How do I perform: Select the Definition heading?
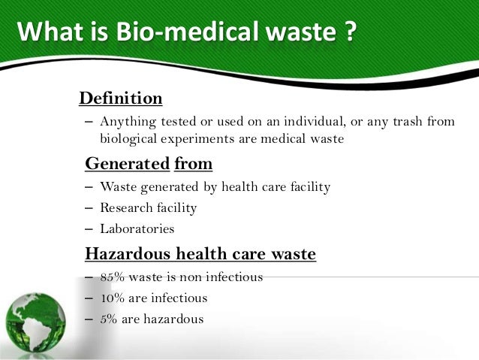click(121, 98)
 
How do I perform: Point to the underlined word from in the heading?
click(193, 163)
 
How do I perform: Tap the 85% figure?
click(113, 277)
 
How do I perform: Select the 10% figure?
click(113, 298)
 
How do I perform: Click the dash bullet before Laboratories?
click(89, 228)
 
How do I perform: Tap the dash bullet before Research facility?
click(89, 207)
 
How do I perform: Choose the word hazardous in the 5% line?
click(176, 319)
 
